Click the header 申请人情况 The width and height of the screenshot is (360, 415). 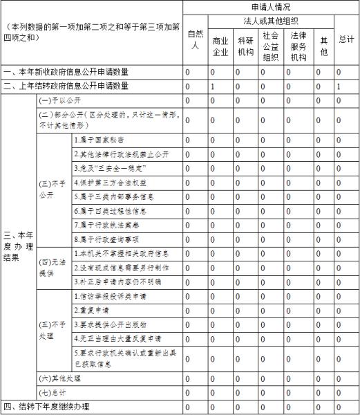(271, 7)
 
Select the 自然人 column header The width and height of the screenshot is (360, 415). (195, 40)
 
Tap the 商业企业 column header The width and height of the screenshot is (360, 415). (220, 46)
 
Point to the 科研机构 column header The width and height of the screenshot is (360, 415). (245, 46)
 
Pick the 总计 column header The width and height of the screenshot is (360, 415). (346, 40)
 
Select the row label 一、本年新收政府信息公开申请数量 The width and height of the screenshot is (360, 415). (66, 72)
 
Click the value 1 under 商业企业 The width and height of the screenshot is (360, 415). (212, 86)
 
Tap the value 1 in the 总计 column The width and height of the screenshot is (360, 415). (339, 86)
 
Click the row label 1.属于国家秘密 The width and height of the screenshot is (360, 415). (101, 140)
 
